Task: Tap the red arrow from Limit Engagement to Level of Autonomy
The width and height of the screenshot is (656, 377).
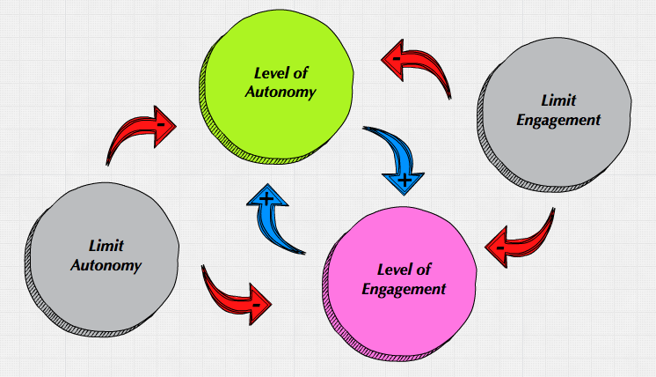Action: [x=420, y=69]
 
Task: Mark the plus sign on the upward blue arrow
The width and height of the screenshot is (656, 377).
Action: [x=267, y=199]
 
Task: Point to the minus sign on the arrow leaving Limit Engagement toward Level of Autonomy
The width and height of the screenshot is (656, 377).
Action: [x=397, y=59]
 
